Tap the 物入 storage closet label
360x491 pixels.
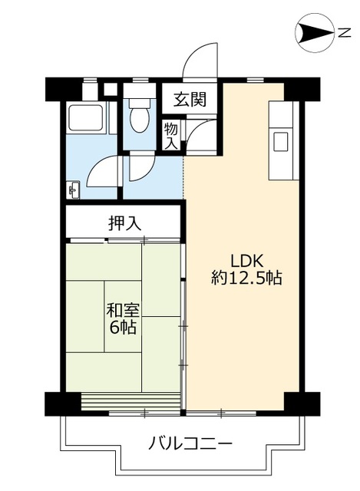point(170,136)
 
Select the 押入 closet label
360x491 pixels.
point(124,223)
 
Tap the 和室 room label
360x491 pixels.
point(122,311)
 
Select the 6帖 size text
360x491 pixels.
point(122,328)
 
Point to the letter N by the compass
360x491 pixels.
point(345,31)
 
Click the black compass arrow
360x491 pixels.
point(312,31)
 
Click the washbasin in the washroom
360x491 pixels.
point(74,189)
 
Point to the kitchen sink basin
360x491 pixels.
point(280,141)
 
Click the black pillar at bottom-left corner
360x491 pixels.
point(62,403)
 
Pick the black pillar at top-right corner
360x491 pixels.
point(301,90)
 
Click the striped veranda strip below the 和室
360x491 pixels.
point(130,402)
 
